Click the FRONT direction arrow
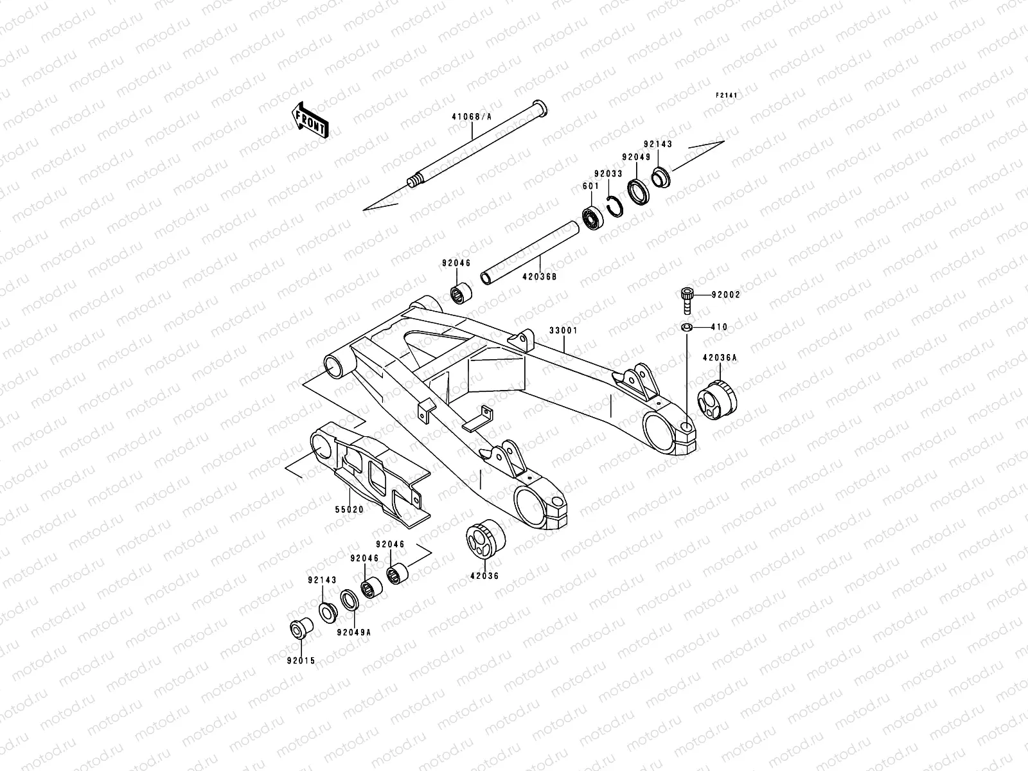point(311,120)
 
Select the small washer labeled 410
point(686,328)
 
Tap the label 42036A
point(719,358)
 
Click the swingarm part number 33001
point(563,330)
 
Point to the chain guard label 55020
point(349,509)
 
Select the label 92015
point(302,660)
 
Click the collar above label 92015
point(300,628)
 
